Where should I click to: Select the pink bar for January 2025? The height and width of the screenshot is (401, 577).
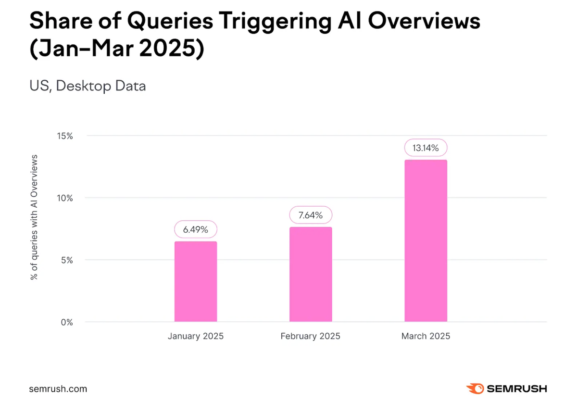[x=195, y=281]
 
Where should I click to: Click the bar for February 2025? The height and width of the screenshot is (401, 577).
[x=311, y=274]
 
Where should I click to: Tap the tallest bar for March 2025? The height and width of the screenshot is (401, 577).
[x=426, y=240]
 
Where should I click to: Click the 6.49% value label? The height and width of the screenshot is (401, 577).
[x=195, y=230]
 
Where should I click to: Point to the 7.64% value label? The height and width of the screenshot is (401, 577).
[x=311, y=215]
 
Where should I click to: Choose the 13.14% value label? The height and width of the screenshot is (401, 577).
[x=426, y=148]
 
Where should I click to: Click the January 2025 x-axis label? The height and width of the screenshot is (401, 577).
[x=195, y=336]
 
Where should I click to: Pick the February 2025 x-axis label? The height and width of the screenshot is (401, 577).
[x=311, y=336]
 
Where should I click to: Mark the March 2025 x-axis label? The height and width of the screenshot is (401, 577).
[x=426, y=336]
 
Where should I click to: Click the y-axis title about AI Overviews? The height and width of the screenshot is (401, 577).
[x=34, y=217]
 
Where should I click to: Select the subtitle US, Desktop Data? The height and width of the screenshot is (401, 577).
[x=88, y=86]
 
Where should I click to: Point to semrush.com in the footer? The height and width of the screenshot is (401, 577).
[x=58, y=388]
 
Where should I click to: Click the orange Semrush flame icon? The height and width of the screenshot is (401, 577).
[x=475, y=388]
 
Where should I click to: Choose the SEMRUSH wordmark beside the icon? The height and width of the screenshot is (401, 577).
[x=517, y=388]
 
